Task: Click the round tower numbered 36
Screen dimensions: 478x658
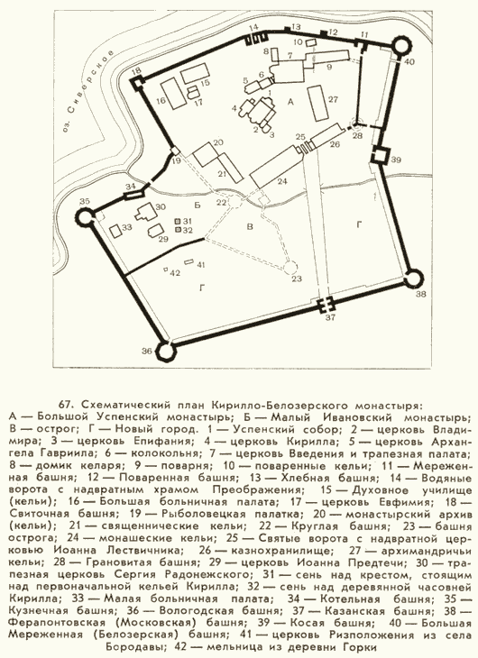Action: (165, 351)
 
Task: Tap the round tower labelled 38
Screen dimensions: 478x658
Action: (412, 279)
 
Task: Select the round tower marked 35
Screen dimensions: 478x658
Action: (85, 218)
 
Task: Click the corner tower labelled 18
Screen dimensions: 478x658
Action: (137, 84)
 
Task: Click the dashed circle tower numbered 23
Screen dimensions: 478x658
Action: (290, 268)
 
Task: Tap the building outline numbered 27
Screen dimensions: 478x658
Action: (318, 104)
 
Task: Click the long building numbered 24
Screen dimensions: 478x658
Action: (277, 166)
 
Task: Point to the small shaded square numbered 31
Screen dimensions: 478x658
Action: (178, 221)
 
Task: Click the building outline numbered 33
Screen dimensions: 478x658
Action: (115, 232)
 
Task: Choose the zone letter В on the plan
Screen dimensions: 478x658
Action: (250, 227)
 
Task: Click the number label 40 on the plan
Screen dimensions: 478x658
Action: (409, 61)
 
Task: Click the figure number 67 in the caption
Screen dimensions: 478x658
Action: (67, 405)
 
